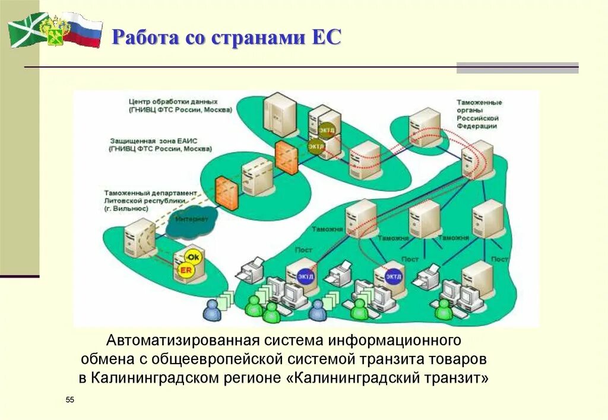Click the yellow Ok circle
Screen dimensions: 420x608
tap(194, 257)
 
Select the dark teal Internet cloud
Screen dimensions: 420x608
tap(192, 219)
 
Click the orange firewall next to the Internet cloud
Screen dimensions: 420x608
tap(227, 192)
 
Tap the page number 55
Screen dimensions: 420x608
tap(70, 401)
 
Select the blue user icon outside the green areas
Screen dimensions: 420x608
tap(211, 309)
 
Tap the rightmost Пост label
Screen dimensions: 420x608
tap(499, 259)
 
